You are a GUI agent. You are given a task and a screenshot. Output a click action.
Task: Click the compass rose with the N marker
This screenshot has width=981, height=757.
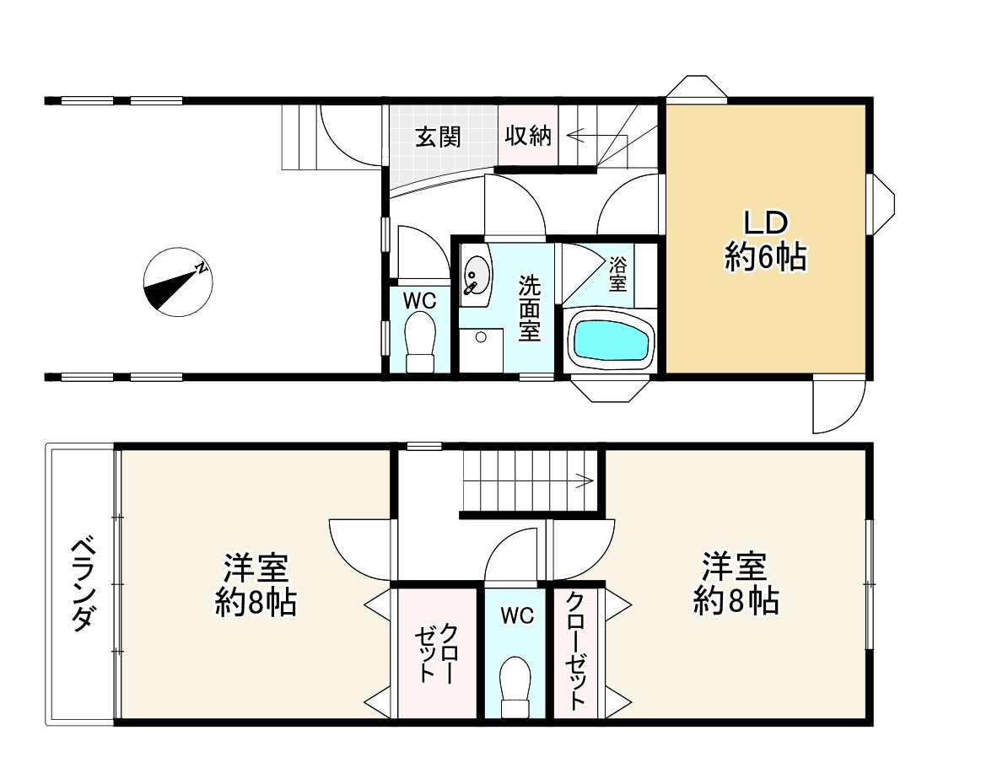[178, 282]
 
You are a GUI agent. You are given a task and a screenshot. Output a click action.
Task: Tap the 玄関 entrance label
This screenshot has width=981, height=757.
[437, 137]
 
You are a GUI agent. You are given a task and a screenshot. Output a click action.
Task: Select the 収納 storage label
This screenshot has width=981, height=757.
[528, 136]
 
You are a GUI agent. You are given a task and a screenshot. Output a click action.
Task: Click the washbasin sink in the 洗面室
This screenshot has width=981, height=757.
[477, 275]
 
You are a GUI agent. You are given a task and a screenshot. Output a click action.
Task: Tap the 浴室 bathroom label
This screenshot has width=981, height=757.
[618, 273]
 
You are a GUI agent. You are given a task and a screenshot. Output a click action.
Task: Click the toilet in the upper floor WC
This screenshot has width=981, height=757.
[420, 341]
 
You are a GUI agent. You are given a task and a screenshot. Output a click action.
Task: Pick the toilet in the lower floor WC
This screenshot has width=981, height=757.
[515, 687]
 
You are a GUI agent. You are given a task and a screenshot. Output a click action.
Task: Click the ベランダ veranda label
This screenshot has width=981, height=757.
[82, 583]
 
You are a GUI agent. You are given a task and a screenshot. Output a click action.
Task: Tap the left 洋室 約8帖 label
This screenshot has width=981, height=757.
[256, 584]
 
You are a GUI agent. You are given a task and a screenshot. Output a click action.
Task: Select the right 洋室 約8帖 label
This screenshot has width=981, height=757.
[736, 583]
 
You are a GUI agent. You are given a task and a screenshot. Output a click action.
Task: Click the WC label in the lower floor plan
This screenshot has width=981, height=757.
[517, 616]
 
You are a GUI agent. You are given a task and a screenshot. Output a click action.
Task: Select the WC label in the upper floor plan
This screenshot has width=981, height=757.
[418, 299]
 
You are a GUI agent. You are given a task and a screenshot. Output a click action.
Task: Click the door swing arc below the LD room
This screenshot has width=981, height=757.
[835, 406]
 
